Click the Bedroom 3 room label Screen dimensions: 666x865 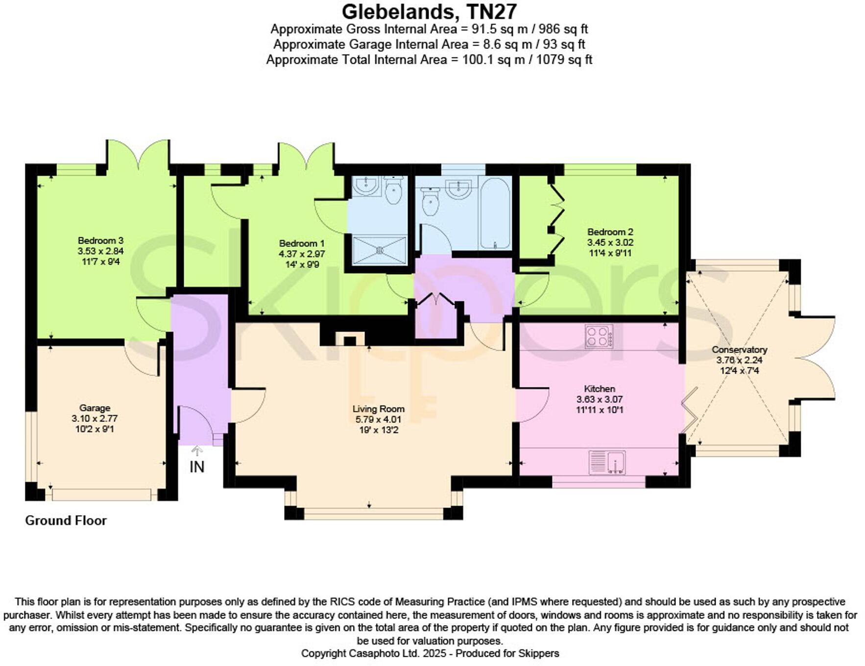tap(100, 240)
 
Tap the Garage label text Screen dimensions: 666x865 tap(95, 408)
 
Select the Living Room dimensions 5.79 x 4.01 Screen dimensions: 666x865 tap(378, 420)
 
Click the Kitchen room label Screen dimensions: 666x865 tap(600, 389)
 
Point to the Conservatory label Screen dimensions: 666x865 tap(739, 350)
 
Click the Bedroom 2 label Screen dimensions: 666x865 tap(610, 232)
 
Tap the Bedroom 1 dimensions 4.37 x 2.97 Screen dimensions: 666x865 tap(302, 254)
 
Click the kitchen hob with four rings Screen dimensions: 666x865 tap(599, 336)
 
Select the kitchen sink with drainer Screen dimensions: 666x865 tap(607, 462)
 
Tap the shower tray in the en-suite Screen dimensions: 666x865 tap(380, 250)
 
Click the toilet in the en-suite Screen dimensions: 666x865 tap(393, 190)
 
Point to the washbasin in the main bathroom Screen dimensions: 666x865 tap(459, 188)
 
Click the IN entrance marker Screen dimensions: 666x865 tap(197, 467)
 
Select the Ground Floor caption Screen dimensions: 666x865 tap(66, 521)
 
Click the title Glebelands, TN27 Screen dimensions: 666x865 tap(429, 11)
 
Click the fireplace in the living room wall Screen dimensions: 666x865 tap(350, 339)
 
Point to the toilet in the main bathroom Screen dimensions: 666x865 tap(430, 203)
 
